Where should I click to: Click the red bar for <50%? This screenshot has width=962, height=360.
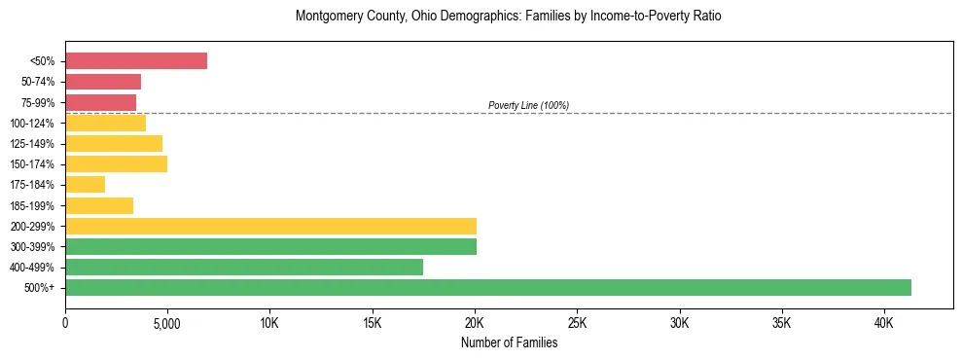(136, 60)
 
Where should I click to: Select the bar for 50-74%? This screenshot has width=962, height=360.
(103, 82)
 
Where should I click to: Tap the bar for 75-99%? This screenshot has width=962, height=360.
(100, 102)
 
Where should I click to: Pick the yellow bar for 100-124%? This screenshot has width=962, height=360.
(105, 123)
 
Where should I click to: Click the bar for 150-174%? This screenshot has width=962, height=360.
(116, 163)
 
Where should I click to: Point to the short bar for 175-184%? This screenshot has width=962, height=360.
(85, 184)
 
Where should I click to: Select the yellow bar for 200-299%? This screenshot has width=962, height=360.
(270, 226)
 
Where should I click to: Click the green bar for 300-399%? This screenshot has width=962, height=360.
(270, 246)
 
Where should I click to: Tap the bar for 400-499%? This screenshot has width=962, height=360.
(244, 267)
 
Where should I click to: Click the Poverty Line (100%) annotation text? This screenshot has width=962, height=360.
(528, 105)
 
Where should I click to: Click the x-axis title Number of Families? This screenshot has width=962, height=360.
(509, 342)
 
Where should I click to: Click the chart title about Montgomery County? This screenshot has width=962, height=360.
(509, 17)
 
